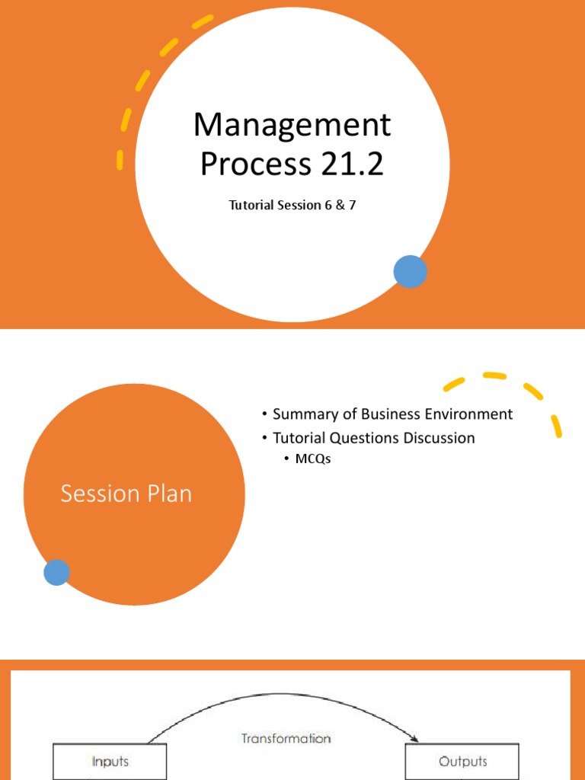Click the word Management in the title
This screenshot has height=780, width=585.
click(x=292, y=125)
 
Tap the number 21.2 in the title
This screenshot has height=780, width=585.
click(x=348, y=164)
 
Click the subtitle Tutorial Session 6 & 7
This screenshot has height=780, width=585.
click(x=292, y=206)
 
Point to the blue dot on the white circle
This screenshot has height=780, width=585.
click(x=410, y=272)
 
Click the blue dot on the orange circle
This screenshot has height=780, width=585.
click(x=56, y=572)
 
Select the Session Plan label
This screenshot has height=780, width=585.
click(x=126, y=494)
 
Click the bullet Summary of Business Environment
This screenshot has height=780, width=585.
click(x=392, y=414)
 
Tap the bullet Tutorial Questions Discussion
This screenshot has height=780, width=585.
click(x=373, y=438)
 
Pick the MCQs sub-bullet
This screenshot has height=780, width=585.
click(x=312, y=459)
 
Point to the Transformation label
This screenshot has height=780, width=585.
click(x=286, y=738)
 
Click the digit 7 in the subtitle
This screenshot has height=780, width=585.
click(x=352, y=206)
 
